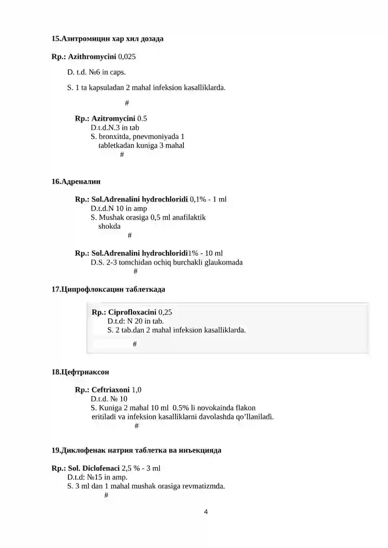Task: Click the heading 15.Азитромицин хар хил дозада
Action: tap(108, 38)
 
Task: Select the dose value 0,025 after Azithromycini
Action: tap(127, 57)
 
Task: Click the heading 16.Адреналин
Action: tap(76, 182)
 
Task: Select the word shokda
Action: tap(109, 226)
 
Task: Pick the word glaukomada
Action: tap(221, 262)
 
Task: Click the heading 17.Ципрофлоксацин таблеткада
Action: tap(109, 289)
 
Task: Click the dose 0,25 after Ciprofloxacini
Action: tap(165, 312)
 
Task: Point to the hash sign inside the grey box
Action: tap(134, 344)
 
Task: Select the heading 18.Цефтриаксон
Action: tap(81, 372)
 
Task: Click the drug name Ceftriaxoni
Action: tap(111, 390)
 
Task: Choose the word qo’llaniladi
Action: tap(253, 417)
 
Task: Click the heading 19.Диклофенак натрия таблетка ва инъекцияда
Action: tap(137, 450)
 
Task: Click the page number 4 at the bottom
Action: tap(206, 512)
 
